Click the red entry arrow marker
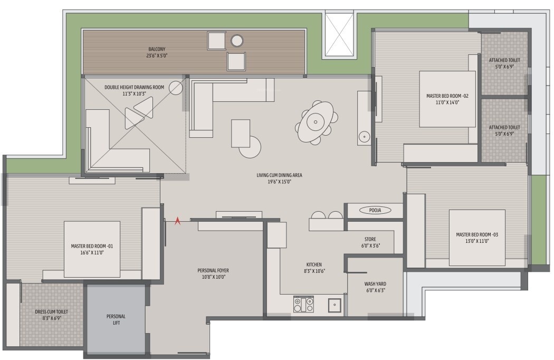[x=178, y=221]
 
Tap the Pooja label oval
[x=375, y=211]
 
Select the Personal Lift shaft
[x=116, y=319]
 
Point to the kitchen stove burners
[x=303, y=304]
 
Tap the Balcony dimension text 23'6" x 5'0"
[x=157, y=55]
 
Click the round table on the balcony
[x=237, y=40]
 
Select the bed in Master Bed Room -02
[x=447, y=99]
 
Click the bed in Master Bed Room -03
[x=477, y=238]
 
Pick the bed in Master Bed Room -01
[x=92, y=249]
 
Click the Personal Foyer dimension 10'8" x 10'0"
[x=213, y=277]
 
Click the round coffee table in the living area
[x=250, y=147]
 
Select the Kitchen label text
[x=314, y=264]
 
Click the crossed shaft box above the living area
[x=339, y=35]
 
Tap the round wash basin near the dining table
[x=364, y=136]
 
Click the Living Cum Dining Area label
[x=280, y=175]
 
